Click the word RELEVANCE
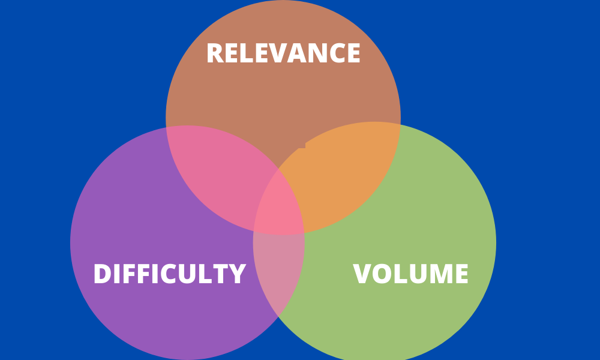pyautogui.click(x=283, y=53)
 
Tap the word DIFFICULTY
pyautogui.click(x=169, y=274)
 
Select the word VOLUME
pyautogui.click(x=410, y=274)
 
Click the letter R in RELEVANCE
pyautogui.click(x=215, y=53)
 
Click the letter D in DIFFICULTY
pyautogui.click(x=103, y=274)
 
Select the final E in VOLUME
pyautogui.click(x=461, y=274)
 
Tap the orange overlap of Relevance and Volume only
pyautogui.click(x=342, y=168)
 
